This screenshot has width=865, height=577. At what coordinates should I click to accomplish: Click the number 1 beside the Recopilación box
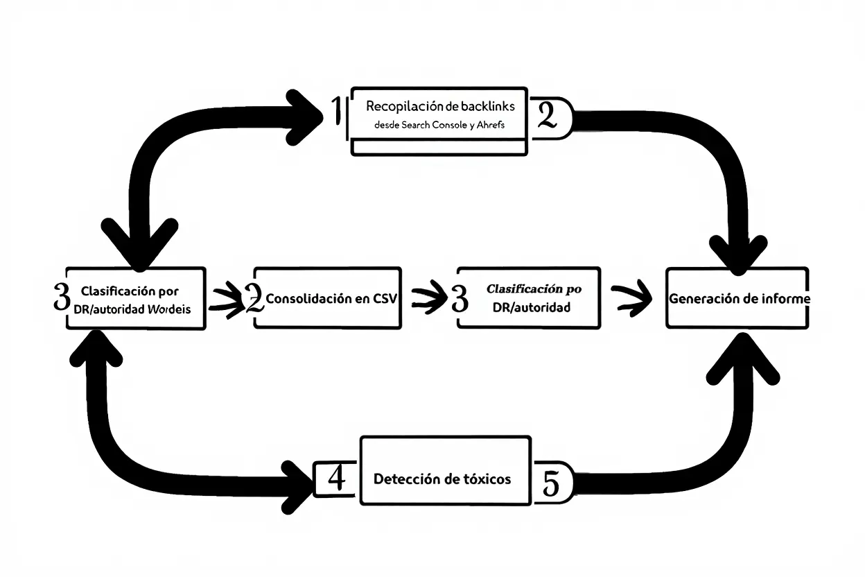pos(337,112)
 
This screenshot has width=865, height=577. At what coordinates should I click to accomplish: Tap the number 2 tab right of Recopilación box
pos(548,116)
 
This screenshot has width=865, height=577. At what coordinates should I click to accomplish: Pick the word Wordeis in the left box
pos(169,309)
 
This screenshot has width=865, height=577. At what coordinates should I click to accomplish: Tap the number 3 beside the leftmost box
pos(61,297)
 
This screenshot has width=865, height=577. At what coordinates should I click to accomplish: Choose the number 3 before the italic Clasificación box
pos(460,298)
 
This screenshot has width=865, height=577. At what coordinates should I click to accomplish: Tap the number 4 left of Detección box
pos(336,479)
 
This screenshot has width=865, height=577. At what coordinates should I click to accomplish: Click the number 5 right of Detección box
pos(551,483)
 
